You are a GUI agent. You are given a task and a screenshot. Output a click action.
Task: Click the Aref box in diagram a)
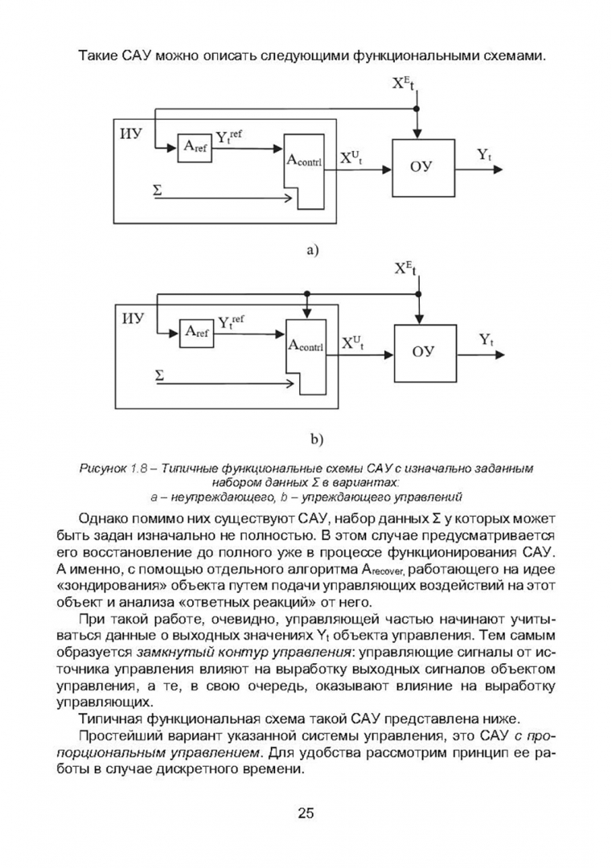pyautogui.click(x=195, y=148)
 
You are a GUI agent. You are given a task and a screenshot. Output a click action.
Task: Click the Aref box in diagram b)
pyautogui.click(x=196, y=333)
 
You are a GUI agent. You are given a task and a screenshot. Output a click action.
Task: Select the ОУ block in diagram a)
pyautogui.click(x=424, y=168)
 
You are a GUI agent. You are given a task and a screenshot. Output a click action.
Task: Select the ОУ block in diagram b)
pyautogui.click(x=425, y=353)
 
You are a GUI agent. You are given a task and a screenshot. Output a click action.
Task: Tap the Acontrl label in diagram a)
pyautogui.click(x=304, y=161)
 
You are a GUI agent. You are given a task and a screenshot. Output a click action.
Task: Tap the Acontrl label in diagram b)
pyautogui.click(x=306, y=346)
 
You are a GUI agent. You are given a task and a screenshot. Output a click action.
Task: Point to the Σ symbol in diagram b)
pyautogui.click(x=159, y=376)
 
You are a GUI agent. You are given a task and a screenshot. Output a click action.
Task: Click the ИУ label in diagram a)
pyautogui.click(x=131, y=133)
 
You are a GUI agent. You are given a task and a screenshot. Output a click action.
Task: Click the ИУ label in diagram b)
pyautogui.click(x=133, y=319)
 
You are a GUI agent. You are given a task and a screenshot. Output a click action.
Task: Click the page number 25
pyautogui.click(x=306, y=813)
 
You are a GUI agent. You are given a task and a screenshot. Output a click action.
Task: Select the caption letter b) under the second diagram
pyautogui.click(x=316, y=440)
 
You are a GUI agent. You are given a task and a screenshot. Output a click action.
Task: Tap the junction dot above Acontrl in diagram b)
pyautogui.click(x=307, y=293)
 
